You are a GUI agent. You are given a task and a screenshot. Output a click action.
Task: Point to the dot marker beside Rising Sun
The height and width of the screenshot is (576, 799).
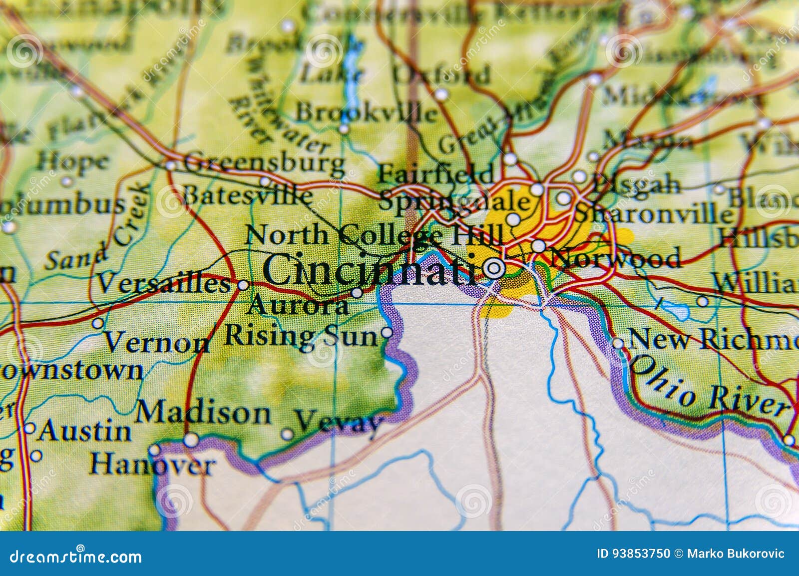pos(387,332)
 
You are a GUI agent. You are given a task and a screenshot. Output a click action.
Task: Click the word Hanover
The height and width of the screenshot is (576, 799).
pos(152,465)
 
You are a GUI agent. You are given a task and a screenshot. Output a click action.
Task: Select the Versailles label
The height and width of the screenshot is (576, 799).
pos(163,284)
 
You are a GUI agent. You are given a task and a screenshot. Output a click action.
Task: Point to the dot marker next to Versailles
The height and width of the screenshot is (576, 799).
pos(243,285)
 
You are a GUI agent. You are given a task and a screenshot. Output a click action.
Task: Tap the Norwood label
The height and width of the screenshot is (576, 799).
pos(615,258)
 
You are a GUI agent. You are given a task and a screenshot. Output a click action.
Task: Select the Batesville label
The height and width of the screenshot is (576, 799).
pos(247,195)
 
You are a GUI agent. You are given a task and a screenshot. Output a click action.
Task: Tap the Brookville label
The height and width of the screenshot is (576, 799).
pos(366,113)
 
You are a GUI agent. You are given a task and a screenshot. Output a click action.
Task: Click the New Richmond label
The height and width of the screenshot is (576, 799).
pos(712,340)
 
